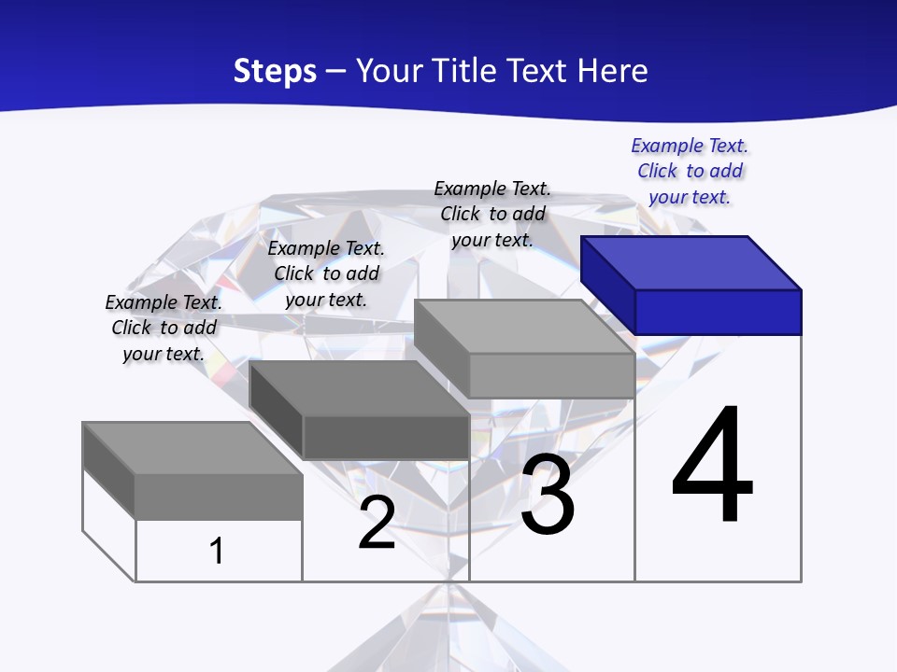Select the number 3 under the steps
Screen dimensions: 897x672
click(548, 496)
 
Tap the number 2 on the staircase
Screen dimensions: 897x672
click(377, 524)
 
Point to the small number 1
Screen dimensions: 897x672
click(217, 551)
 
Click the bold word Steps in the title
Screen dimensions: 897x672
click(275, 71)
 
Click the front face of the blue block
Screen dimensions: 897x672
click(718, 312)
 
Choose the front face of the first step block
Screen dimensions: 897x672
click(219, 497)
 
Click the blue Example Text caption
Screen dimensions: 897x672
click(690, 171)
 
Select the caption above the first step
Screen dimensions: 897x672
click(164, 328)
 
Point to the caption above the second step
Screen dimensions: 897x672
click(326, 273)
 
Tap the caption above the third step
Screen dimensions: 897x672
click(492, 214)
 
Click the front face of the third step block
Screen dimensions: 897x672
click(551, 375)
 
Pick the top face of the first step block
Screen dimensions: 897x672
click(192, 448)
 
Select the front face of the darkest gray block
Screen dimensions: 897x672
click(386, 437)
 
